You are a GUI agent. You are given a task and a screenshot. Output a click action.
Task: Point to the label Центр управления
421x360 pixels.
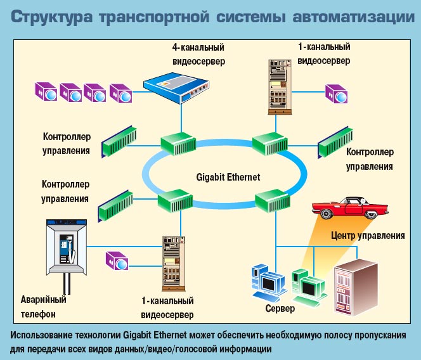tap(368, 236)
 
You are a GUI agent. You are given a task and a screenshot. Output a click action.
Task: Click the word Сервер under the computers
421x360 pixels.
tap(280, 309)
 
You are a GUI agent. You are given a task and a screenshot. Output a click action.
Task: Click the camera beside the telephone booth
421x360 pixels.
tap(117, 260)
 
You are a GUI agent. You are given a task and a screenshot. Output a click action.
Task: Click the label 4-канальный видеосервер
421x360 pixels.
tap(198, 55)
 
